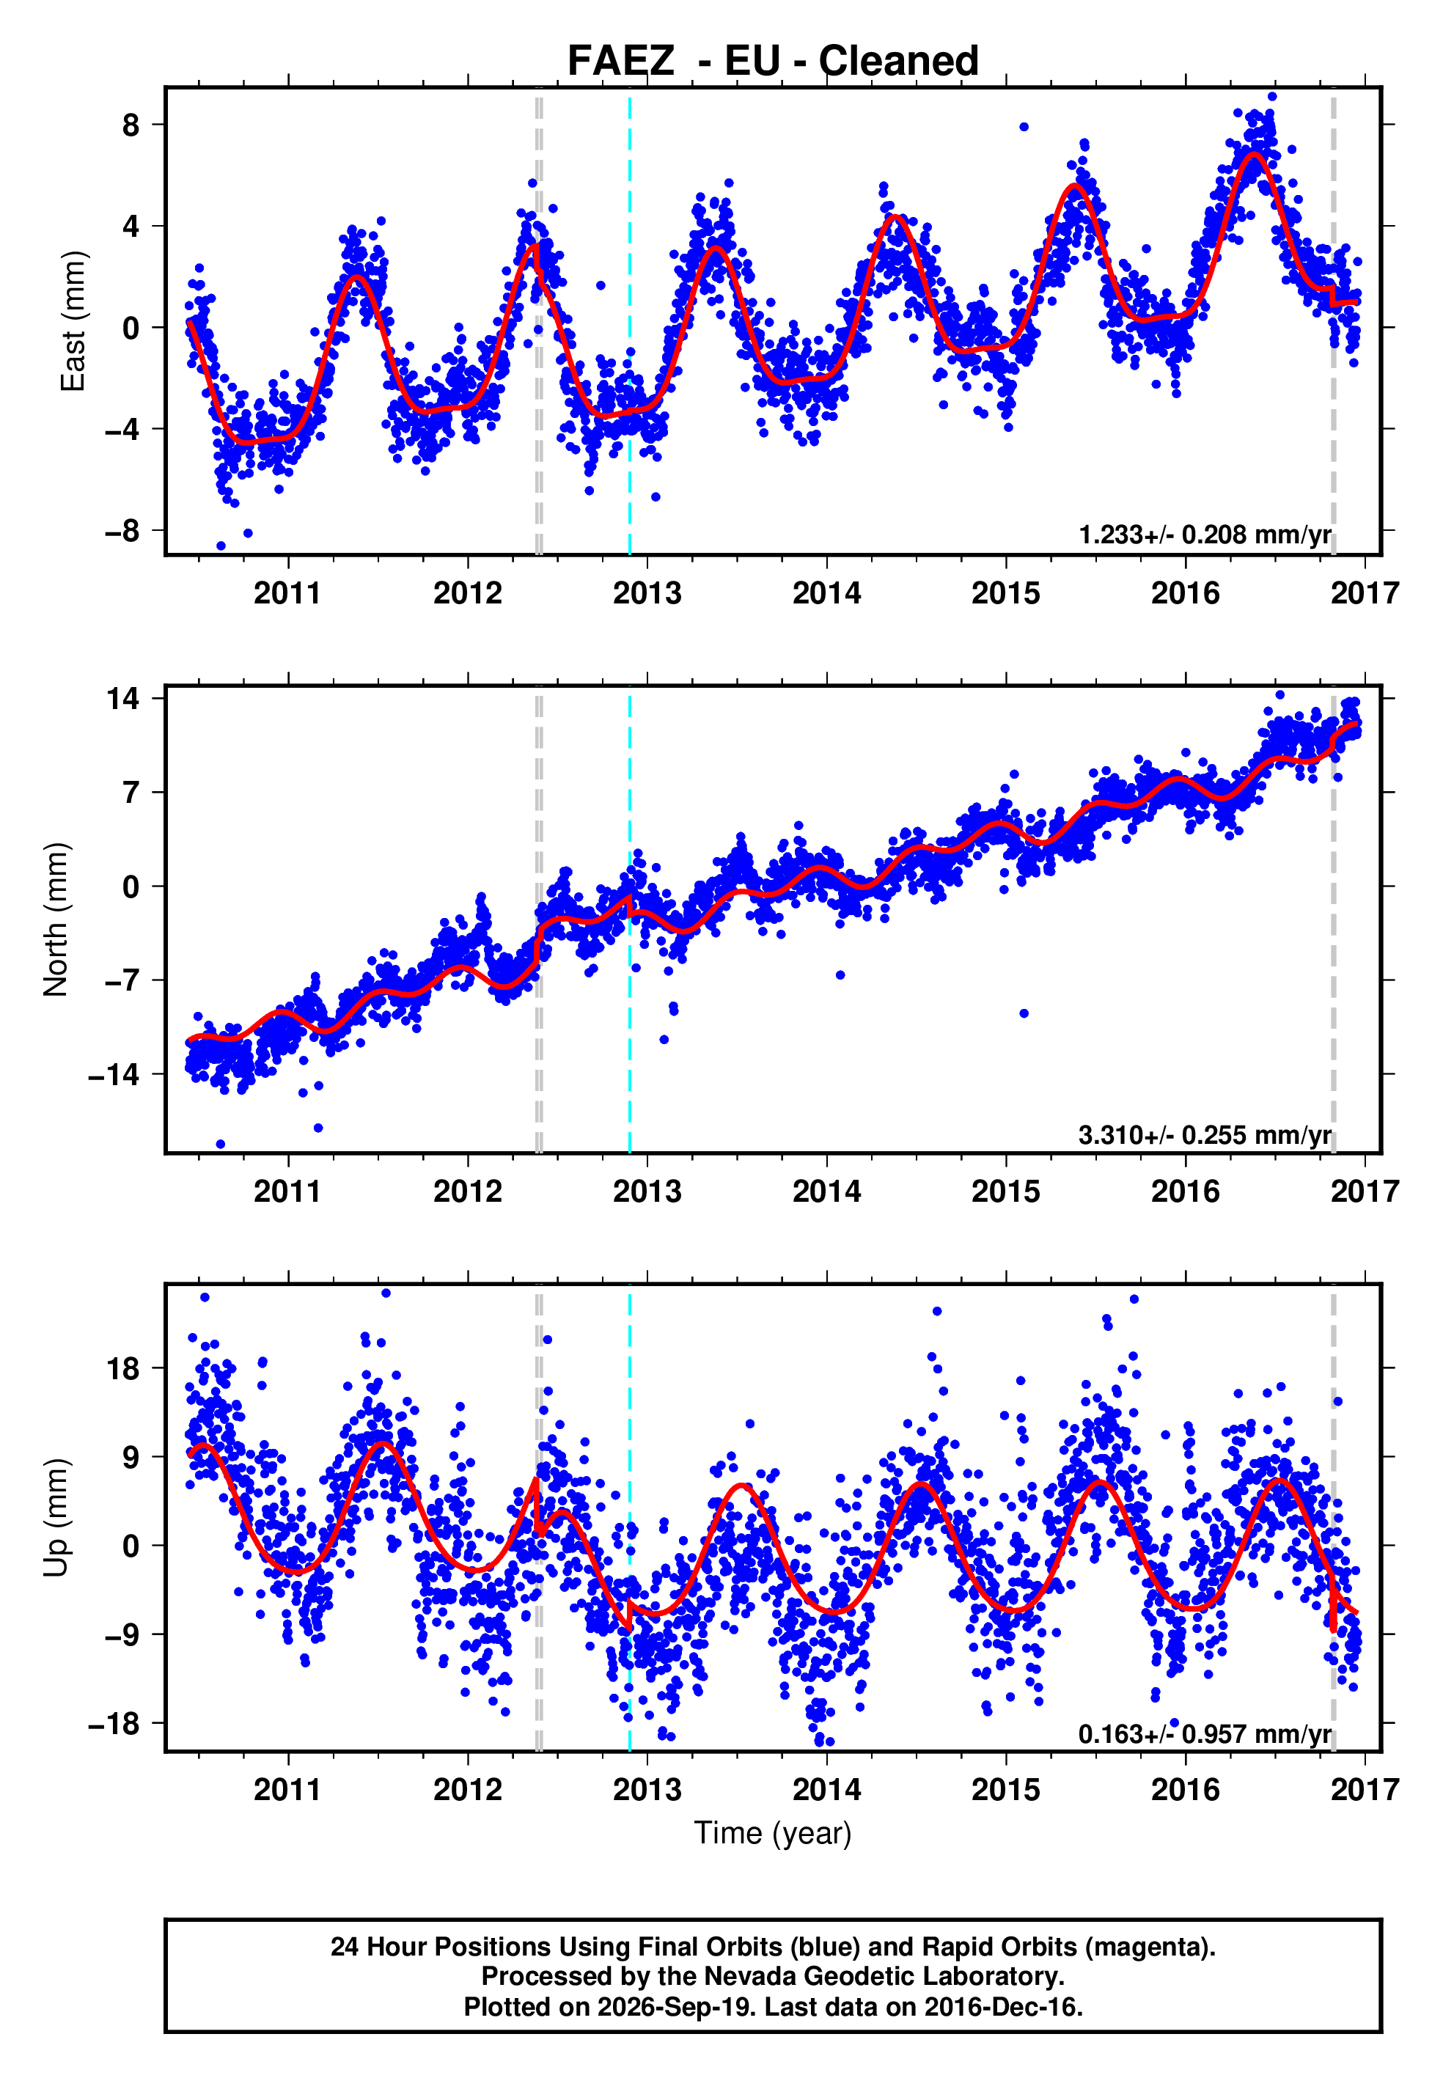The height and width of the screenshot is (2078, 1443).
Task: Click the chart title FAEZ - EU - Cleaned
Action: tap(772, 61)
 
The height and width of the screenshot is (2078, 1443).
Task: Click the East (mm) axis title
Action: tap(73, 321)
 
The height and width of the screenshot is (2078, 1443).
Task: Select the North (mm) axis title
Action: tap(56, 919)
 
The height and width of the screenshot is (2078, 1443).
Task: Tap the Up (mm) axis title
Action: tap(56, 1518)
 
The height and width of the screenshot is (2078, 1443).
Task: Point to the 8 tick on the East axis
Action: tap(132, 125)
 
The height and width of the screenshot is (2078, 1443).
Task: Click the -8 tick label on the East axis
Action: tap(123, 531)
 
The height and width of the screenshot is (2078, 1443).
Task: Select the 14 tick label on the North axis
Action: tap(124, 698)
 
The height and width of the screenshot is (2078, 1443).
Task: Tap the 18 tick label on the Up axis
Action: tap(124, 1368)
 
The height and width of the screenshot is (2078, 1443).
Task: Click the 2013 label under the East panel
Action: tap(647, 593)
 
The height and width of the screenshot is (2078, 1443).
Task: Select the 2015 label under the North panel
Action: tap(1005, 1192)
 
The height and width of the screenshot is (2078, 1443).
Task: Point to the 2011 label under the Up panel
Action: tap(287, 1790)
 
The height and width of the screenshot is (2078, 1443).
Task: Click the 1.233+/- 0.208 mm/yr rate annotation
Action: tap(1205, 535)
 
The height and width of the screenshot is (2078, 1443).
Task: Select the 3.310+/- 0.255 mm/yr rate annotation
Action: tap(1205, 1134)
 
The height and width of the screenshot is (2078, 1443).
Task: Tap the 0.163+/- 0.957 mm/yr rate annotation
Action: tap(1205, 1733)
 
